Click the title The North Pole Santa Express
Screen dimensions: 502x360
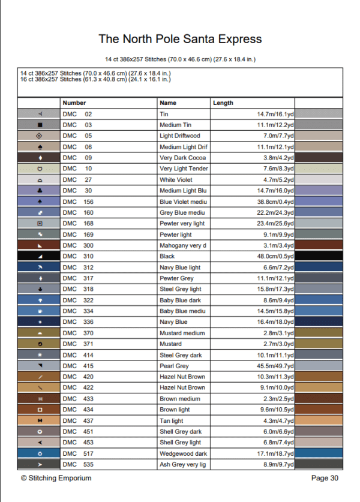(x=180, y=40)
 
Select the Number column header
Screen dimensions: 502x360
(x=74, y=103)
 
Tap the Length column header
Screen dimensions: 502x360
(x=223, y=103)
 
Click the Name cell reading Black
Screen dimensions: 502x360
(x=167, y=256)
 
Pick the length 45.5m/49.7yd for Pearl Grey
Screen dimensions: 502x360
(x=275, y=366)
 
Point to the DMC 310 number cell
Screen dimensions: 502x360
(x=78, y=256)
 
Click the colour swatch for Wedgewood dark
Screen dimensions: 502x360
(x=319, y=453)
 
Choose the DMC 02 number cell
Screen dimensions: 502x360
(x=77, y=114)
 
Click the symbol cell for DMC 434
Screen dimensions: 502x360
(x=40, y=410)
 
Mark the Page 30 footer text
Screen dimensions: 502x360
(x=325, y=478)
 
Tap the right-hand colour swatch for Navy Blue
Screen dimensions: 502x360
(x=319, y=322)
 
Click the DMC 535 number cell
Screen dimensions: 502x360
(x=78, y=464)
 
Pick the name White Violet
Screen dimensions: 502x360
(x=176, y=180)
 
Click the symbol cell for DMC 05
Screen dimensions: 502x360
(x=40, y=136)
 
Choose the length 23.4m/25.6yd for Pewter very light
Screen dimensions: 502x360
(x=275, y=224)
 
